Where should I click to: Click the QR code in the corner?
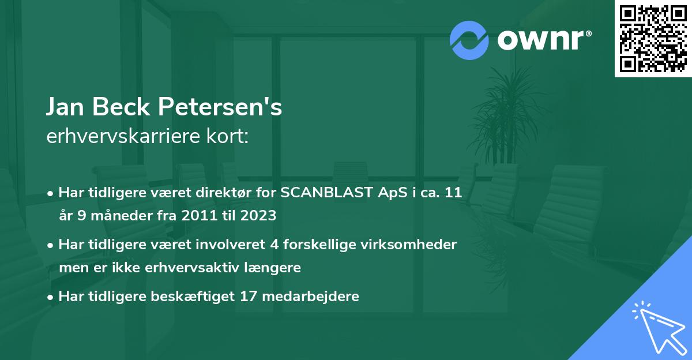pyautogui.click(x=653, y=39)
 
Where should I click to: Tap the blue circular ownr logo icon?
pyautogui.click(x=469, y=40)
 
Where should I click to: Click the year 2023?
pyautogui.click(x=259, y=216)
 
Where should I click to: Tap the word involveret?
pyautogui.click(x=233, y=245)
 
